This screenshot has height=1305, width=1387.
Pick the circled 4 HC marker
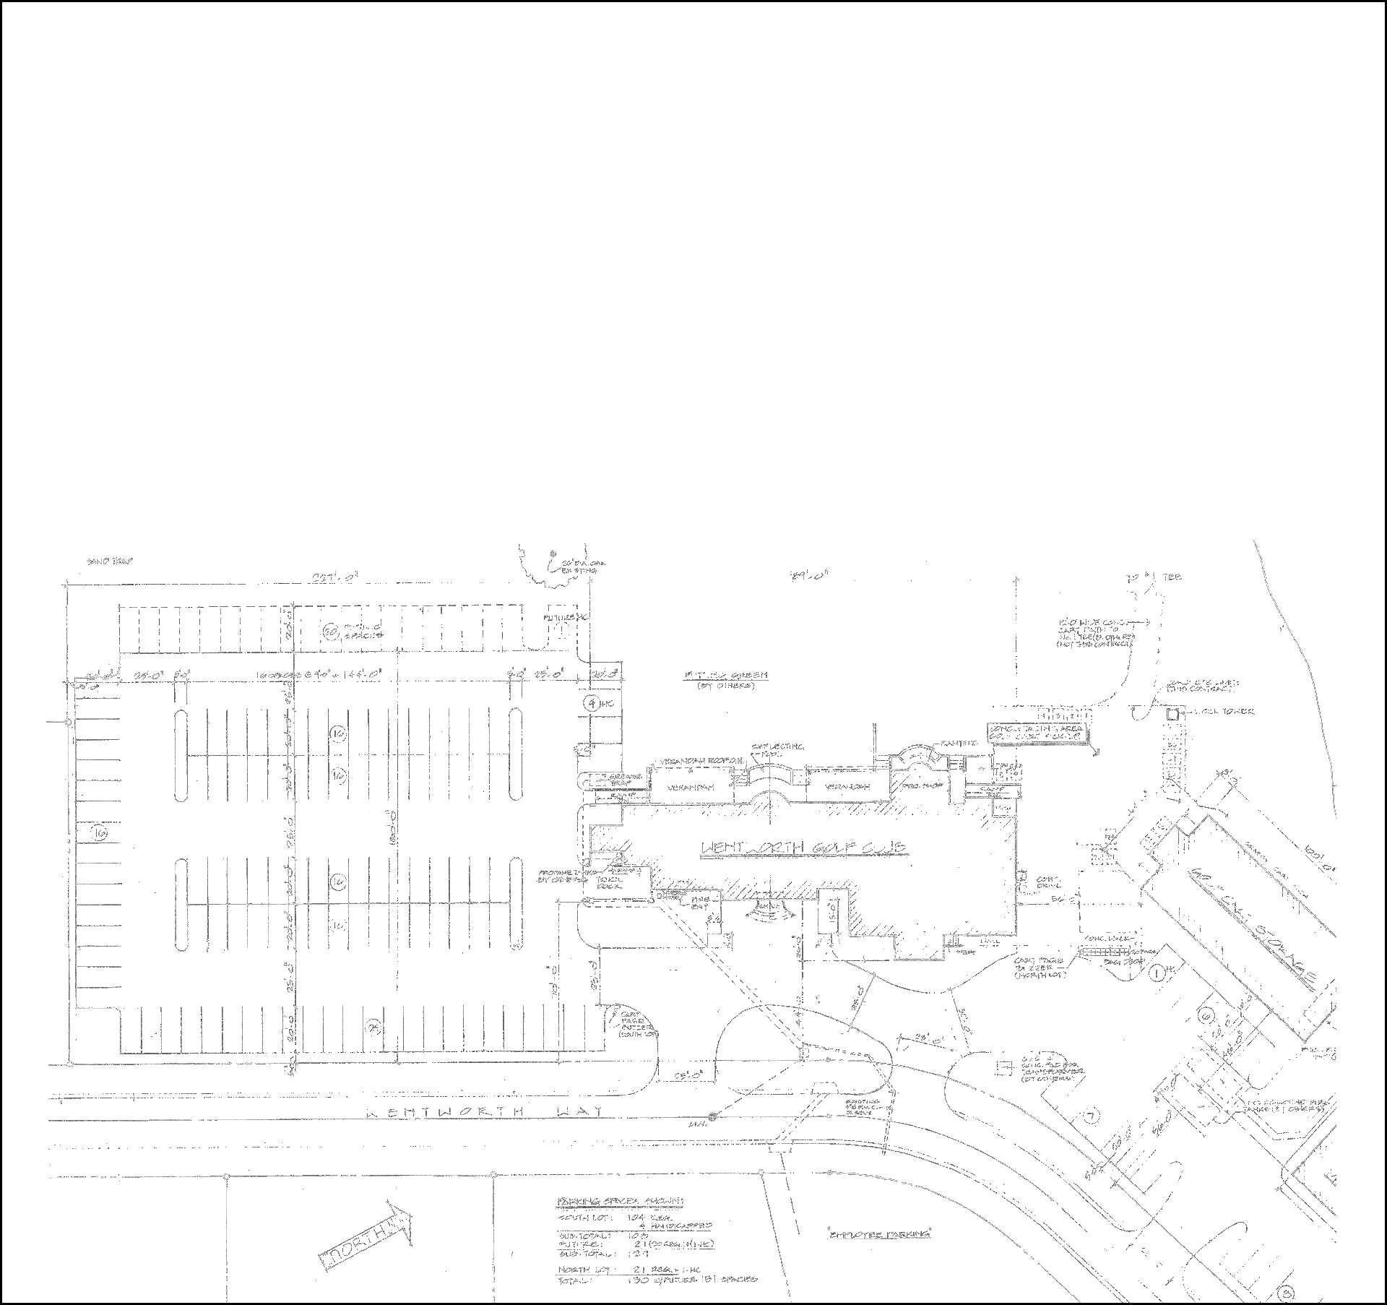click(x=592, y=702)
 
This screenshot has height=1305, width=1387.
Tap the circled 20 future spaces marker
click(x=330, y=631)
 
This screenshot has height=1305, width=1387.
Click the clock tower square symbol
click(x=1172, y=714)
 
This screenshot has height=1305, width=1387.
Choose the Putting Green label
click(x=726, y=676)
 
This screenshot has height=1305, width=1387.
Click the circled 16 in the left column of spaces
click(x=100, y=834)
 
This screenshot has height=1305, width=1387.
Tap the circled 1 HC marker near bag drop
click(x=1156, y=972)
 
